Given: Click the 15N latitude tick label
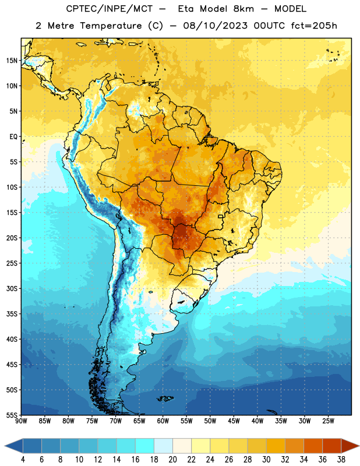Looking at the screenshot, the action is pos(12,61).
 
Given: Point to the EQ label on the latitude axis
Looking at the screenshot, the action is pos(13,137).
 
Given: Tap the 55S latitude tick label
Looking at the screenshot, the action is pos(12,415).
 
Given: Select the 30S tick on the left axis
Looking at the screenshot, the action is pos(12,288).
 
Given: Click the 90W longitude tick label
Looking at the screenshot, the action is pos(21,421).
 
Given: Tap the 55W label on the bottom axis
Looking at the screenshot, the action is pos(186,421).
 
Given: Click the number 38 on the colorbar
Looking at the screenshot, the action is pos(341,460).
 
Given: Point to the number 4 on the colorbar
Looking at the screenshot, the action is pos(23,460).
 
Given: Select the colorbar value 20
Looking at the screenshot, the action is pos(172,460).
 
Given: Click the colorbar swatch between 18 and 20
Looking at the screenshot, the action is pos(163,446).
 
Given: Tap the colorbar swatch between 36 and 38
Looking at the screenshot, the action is pos(332,446).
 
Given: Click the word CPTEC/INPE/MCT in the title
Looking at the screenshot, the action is pos(110,9).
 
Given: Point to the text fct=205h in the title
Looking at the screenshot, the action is pos(314,26).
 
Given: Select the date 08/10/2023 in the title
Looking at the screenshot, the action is pos(215,26).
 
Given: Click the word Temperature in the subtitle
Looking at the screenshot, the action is pos(111,26).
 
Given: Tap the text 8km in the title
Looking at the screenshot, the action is pos(244,9).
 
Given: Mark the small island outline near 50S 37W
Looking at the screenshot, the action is pos(272,412).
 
